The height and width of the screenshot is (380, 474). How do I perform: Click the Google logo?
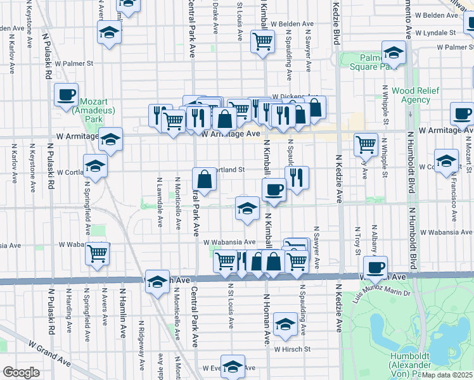pos(21,372)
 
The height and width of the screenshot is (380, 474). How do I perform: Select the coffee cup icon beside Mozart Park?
pos(66,94)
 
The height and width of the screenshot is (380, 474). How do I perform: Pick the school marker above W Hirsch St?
pos(286,325)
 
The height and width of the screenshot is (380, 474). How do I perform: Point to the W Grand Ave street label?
pos(48,352)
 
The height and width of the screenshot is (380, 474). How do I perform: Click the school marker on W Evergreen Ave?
pos(233,367)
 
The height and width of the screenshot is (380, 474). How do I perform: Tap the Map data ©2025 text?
pos(447,375)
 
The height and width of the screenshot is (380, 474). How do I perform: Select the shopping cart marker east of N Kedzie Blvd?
pos(366,144)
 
